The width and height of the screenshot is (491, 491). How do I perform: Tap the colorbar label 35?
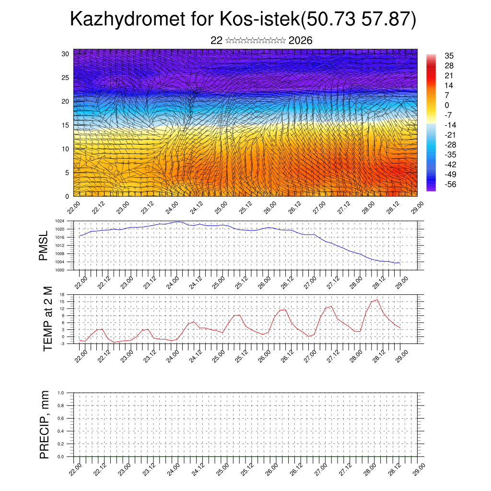coord(449,56)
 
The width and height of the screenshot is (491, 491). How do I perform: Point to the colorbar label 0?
coord(447,105)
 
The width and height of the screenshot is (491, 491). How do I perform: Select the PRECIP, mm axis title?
coord(45,424)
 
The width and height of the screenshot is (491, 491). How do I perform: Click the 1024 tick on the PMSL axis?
coord(59,221)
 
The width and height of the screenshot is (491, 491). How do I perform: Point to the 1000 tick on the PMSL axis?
coord(59,270)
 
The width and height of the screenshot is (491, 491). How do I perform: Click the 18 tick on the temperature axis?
coord(62,294)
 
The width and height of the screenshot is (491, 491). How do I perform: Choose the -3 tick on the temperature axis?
coord(62,344)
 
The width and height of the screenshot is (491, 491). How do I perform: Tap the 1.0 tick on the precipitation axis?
coord(61,393)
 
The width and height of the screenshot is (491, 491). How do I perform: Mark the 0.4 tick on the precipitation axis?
coord(61,431)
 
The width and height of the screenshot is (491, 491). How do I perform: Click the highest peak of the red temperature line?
coord(377,300)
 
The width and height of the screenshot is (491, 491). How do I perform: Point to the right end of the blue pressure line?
coord(400,263)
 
